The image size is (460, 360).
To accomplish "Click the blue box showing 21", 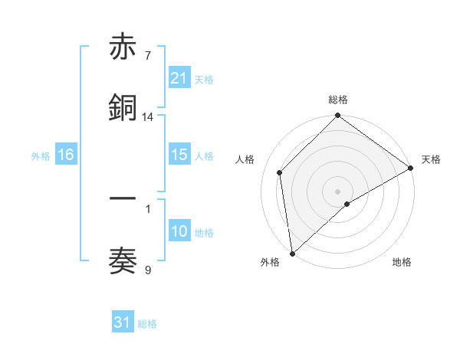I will pyautogui.click(x=179, y=77).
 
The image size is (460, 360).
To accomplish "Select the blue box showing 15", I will pyautogui.click(x=179, y=155).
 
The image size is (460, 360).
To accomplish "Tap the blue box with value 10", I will pyautogui.click(x=179, y=231).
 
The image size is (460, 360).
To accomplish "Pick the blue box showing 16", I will pyautogui.click(x=66, y=155).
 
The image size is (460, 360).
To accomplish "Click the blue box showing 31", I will pyautogui.click(x=123, y=322).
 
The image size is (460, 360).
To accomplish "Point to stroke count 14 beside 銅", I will pyautogui.click(x=148, y=117).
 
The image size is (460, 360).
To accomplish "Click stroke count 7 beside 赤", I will pyautogui.click(x=147, y=56).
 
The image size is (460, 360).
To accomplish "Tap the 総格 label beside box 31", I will pyautogui.click(x=147, y=324).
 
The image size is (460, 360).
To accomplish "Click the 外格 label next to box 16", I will pyautogui.click(x=41, y=155).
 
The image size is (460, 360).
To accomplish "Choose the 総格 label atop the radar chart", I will pyautogui.click(x=337, y=100).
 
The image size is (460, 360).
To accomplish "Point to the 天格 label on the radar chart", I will pyautogui.click(x=431, y=159).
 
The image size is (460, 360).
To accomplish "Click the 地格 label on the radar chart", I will pyautogui.click(x=402, y=262).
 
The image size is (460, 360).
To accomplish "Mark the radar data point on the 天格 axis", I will pyautogui.click(x=411, y=168).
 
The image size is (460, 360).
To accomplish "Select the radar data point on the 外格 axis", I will pyautogui.click(x=292, y=254).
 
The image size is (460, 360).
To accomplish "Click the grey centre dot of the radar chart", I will pyautogui.click(x=337, y=191).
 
